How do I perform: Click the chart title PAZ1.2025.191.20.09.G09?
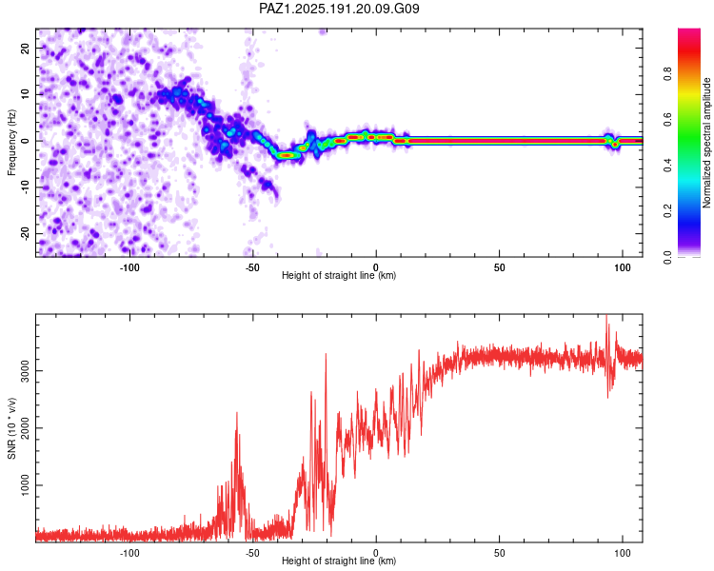(x=339, y=9)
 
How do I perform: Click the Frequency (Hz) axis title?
(x=11, y=143)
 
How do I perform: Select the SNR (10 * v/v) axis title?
(x=11, y=428)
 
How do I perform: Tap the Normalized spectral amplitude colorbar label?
(x=706, y=143)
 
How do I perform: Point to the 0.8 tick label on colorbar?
(x=667, y=73)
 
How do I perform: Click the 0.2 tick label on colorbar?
(x=667, y=211)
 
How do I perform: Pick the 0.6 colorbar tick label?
(x=667, y=119)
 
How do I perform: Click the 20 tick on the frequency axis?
(x=25, y=49)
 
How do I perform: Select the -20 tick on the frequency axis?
(x=25, y=233)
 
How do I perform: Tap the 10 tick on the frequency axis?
(x=25, y=94)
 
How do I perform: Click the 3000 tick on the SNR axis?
(x=25, y=370)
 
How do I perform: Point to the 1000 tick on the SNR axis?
(x=25, y=485)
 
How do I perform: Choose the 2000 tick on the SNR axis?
(x=25, y=428)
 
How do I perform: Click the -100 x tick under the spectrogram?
(x=129, y=267)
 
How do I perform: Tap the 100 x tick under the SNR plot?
(x=622, y=553)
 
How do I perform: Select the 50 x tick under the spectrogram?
(x=499, y=267)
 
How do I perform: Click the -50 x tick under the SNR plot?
(x=252, y=553)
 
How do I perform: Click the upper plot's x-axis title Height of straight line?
(x=339, y=275)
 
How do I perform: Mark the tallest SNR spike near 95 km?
(x=606, y=316)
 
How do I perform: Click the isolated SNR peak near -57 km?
(x=237, y=413)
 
